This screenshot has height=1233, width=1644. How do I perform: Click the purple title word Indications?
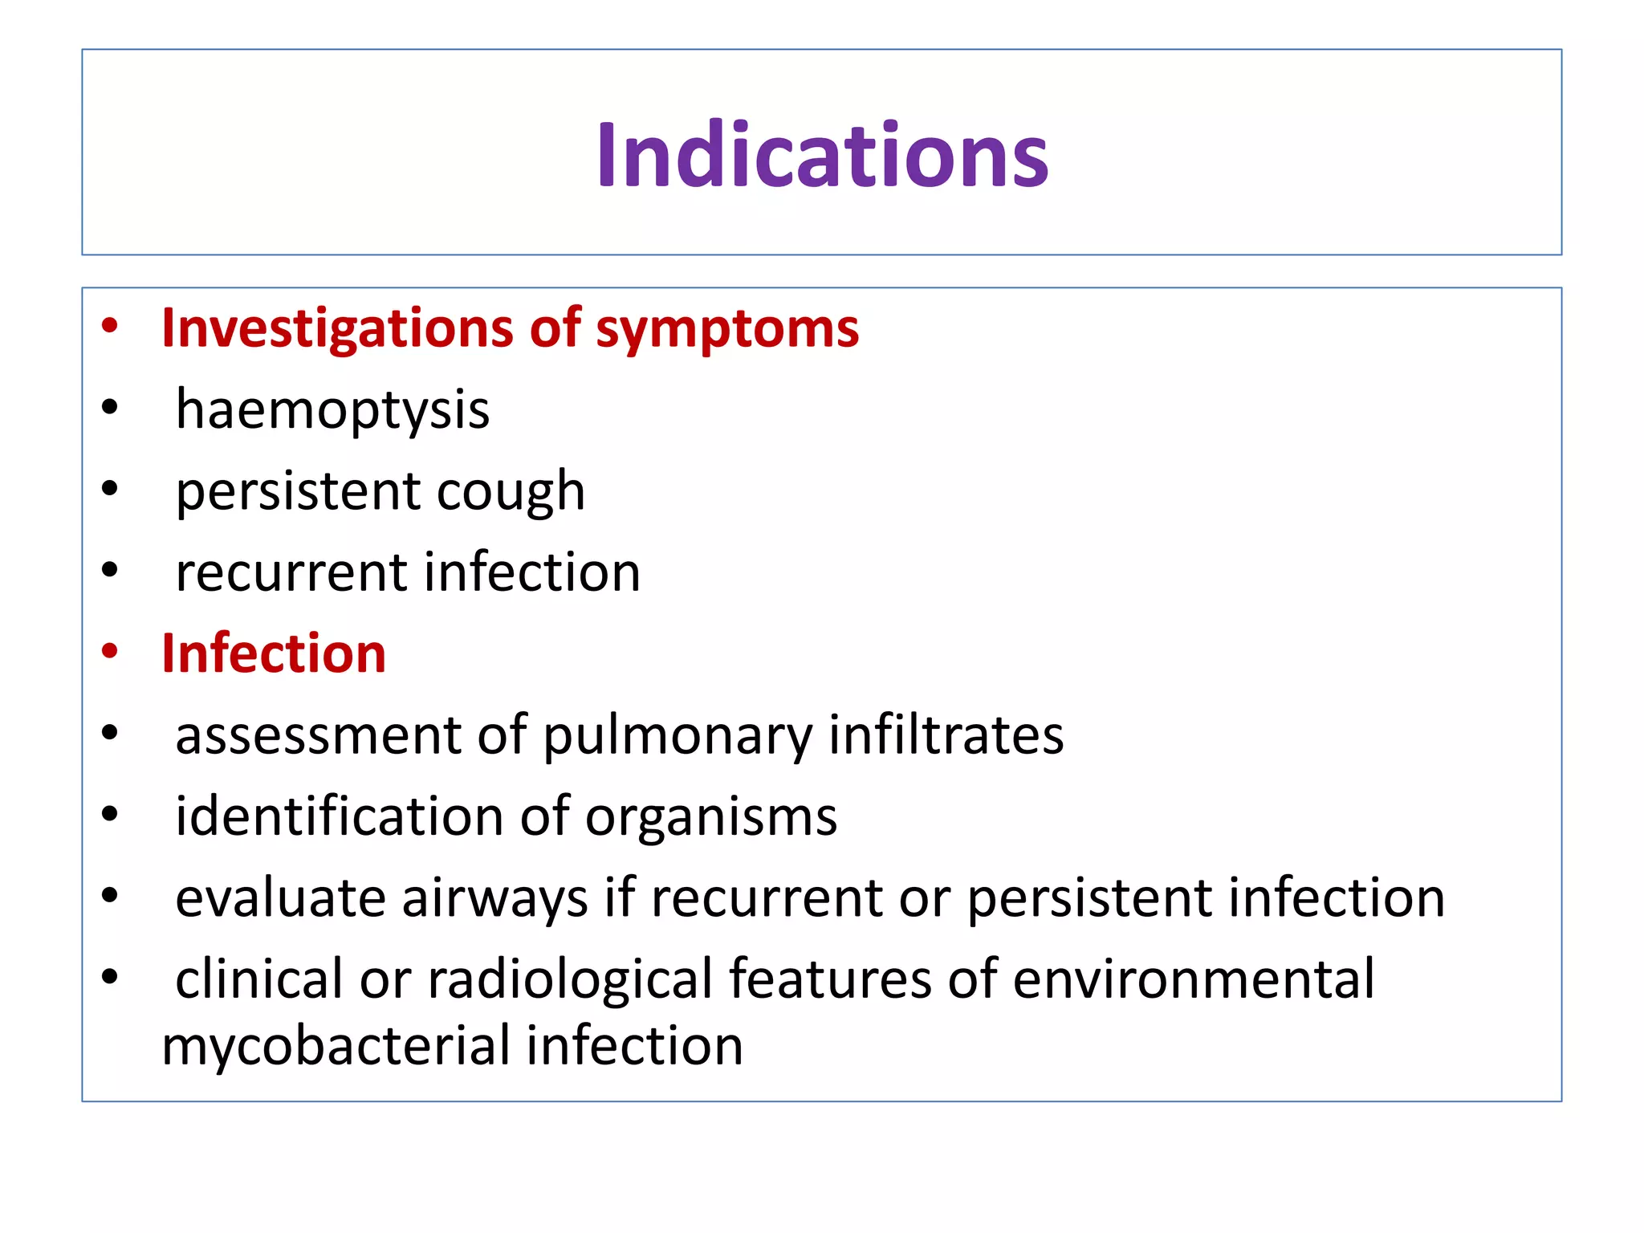(x=822, y=155)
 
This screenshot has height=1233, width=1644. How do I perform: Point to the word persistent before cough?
(x=298, y=492)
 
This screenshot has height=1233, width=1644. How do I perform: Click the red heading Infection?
(x=274, y=653)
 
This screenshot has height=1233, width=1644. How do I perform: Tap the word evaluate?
(x=280, y=897)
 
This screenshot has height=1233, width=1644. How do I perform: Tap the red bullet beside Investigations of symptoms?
(x=110, y=326)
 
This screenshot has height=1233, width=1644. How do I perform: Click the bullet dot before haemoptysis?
(x=110, y=408)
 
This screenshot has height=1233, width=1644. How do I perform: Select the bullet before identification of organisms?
(x=110, y=814)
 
